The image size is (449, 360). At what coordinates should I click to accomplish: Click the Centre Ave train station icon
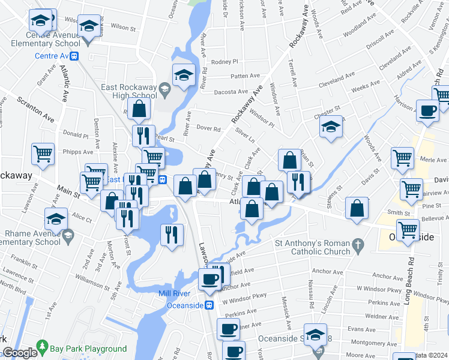tap(74, 56)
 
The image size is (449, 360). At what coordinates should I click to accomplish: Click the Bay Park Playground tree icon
tap(42, 347)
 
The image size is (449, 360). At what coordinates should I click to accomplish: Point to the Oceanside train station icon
tap(209, 305)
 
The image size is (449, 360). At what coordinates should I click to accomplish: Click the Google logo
tap(20, 353)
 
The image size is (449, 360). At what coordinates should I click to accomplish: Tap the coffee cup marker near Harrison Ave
tap(427, 110)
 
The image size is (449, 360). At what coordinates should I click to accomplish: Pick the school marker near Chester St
tap(330, 127)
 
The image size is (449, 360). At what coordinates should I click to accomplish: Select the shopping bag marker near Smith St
tap(357, 208)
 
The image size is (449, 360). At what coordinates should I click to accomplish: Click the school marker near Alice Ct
tap(56, 220)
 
